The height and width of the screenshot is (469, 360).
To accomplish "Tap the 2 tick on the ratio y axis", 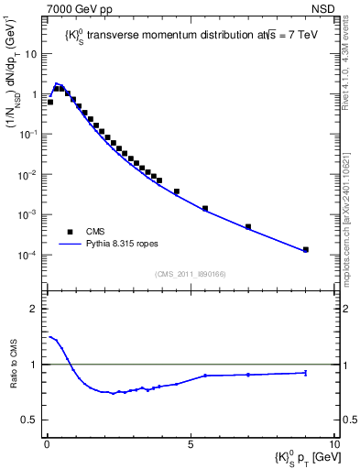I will (34, 309).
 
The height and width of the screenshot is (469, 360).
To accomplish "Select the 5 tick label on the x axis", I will (190, 443).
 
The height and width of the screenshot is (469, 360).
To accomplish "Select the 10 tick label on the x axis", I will (333, 443).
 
